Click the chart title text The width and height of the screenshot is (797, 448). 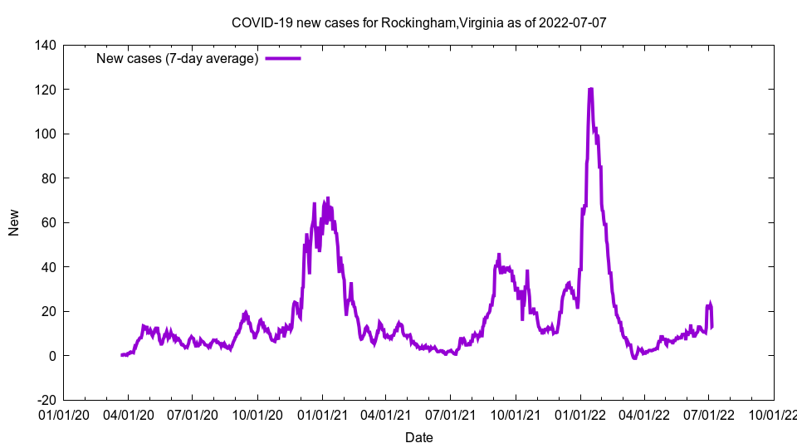[418, 22]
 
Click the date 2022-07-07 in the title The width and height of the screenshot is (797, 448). [572, 22]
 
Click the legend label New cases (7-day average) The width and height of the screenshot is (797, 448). [177, 58]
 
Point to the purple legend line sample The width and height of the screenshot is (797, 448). [282, 58]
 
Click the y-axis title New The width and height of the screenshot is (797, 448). [14, 222]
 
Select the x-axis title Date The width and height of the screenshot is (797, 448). [418, 437]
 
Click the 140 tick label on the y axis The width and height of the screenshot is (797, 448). [45, 45]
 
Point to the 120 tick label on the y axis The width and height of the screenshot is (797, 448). [45, 90]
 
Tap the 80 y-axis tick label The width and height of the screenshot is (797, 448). [48, 178]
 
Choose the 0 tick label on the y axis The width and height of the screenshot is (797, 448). [51, 356]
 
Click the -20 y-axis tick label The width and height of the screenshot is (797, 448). [45, 400]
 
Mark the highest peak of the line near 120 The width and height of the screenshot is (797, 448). [590, 89]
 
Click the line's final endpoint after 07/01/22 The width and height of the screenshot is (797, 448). [712, 326]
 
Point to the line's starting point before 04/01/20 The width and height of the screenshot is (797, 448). [121, 355]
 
